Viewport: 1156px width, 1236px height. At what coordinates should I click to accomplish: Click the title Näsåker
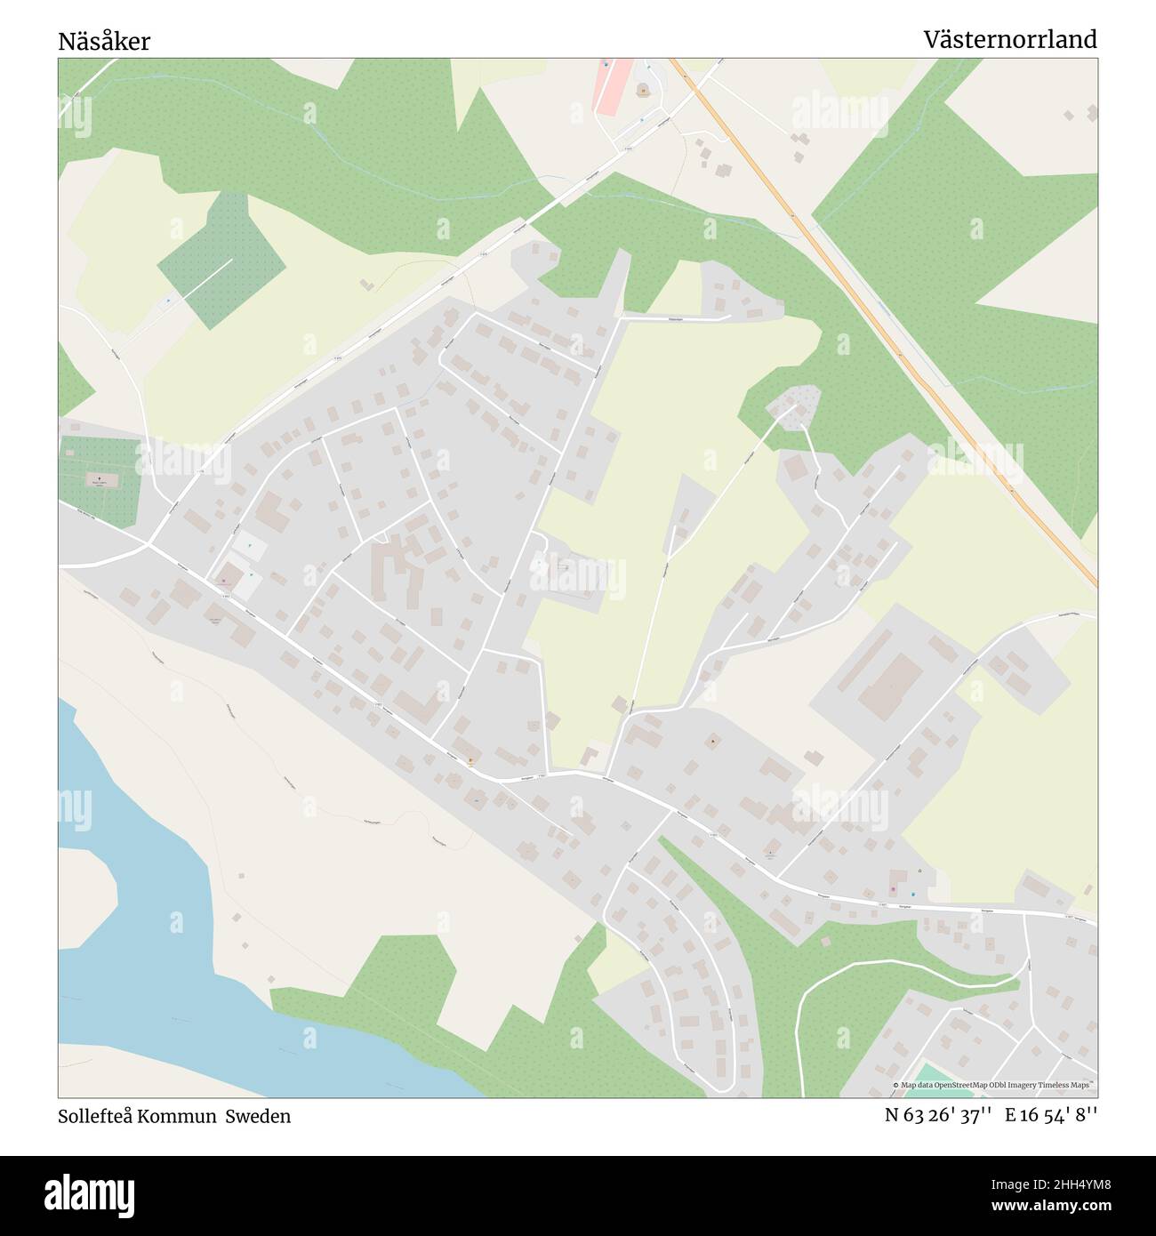(104, 41)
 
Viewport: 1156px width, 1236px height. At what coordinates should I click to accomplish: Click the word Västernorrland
(1009, 39)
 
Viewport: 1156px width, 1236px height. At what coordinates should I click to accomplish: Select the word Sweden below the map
(257, 1116)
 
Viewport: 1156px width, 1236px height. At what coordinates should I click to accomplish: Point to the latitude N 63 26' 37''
(938, 1116)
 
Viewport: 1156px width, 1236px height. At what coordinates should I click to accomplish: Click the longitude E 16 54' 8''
(1051, 1116)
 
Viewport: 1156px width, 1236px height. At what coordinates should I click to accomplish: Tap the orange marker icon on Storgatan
(470, 761)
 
